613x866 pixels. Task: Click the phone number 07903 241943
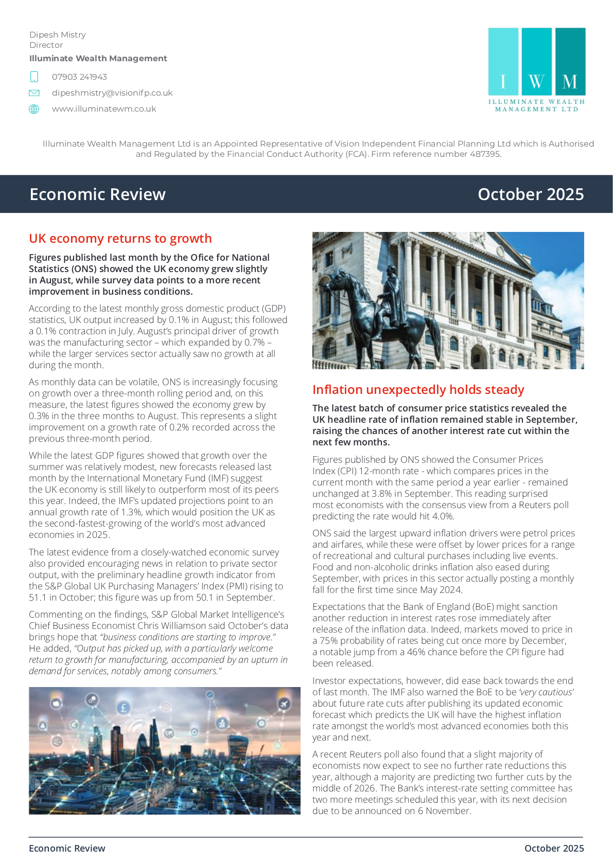coord(79,77)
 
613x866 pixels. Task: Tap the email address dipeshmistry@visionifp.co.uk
coord(112,93)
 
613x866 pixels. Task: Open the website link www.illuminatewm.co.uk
coord(104,109)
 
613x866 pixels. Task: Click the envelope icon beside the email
coord(34,93)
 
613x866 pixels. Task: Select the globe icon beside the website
coord(34,109)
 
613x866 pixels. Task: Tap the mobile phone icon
coord(34,77)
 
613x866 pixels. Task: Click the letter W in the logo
coord(536,81)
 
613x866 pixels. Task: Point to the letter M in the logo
coord(570,81)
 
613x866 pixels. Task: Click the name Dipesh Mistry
coord(58,35)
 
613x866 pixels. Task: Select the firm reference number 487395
coord(485,154)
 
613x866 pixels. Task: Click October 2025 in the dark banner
coord(531,194)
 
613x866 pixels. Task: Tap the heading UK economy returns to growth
coord(120,239)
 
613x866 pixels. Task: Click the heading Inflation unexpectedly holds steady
coord(418,390)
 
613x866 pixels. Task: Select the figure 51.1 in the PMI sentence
coord(38,598)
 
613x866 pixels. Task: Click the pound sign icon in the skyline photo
coord(124,708)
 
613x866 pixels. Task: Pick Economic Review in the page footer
coord(67,849)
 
